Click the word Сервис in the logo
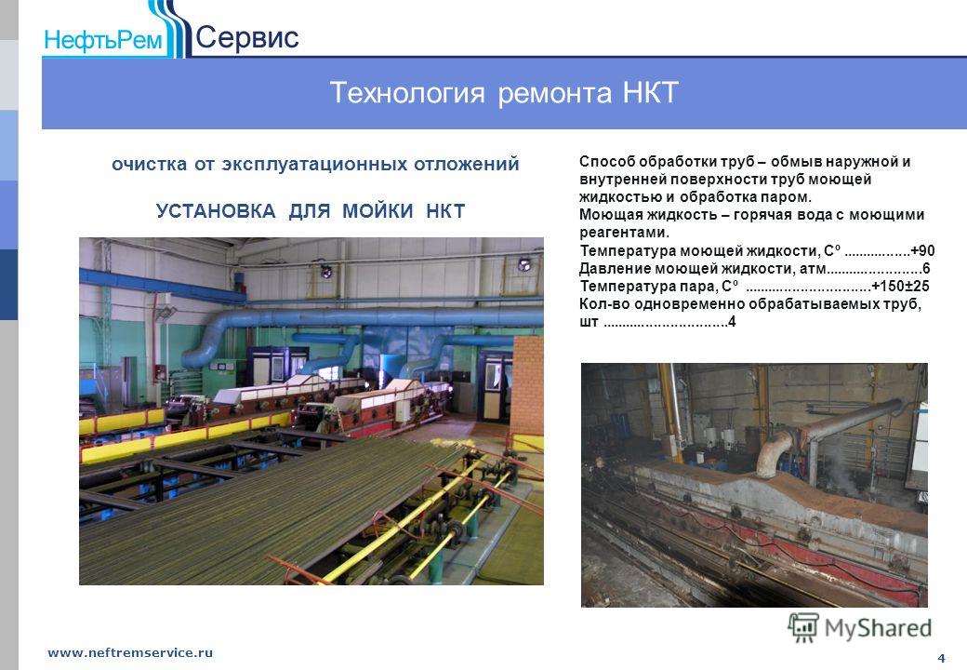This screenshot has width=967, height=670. (247, 37)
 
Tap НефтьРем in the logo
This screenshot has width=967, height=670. (103, 40)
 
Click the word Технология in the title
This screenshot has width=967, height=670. (407, 93)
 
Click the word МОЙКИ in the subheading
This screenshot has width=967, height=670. (378, 211)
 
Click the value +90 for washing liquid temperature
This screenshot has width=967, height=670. (922, 250)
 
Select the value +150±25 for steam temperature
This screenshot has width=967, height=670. (900, 286)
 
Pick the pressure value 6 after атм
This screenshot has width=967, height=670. (926, 268)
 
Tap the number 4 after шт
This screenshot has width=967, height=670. (732, 321)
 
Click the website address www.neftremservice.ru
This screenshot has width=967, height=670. (130, 652)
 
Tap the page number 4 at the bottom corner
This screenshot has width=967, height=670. (941, 658)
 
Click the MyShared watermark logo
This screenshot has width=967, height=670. (859, 627)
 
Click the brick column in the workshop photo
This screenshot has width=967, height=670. (527, 385)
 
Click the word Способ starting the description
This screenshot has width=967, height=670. (607, 162)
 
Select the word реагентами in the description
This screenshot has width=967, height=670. (624, 233)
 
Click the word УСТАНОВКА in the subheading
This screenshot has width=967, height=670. (216, 211)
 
